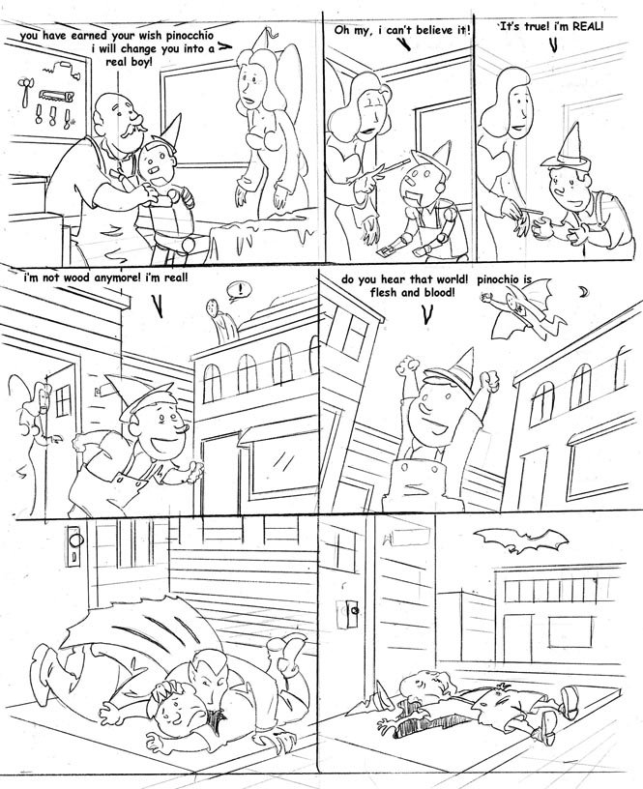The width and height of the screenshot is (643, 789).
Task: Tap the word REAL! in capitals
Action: click(x=586, y=26)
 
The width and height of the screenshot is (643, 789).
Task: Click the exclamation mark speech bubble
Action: click(x=238, y=291)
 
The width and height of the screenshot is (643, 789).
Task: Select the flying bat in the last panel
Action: click(x=521, y=541)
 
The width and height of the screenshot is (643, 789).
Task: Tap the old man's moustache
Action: click(x=131, y=131)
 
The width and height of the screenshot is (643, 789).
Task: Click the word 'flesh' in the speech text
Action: click(x=386, y=292)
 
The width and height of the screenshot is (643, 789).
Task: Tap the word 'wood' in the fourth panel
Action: click(x=78, y=277)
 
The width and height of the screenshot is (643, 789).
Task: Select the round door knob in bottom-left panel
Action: click(x=76, y=541)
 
